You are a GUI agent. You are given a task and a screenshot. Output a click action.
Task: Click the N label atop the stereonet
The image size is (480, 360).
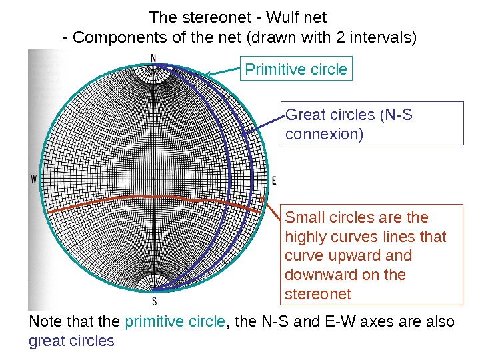coord(154,58)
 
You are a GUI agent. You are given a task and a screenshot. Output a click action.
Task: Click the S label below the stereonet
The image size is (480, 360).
coord(154,300)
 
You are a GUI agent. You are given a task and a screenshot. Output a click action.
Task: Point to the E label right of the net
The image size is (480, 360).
coord(274,181)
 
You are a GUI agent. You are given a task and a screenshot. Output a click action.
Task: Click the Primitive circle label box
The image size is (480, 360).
coord(296,69)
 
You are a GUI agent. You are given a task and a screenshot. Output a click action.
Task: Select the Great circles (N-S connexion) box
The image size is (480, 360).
coord(373,123)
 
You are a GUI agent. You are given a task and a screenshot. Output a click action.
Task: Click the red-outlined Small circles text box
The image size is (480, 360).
coord(373,254)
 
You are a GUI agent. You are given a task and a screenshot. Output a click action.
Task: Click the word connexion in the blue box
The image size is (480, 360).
coord(324,135)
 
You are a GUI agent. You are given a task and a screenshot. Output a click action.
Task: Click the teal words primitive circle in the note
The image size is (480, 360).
coord(175,322)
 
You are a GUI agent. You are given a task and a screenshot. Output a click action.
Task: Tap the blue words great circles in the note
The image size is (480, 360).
coord(71,341)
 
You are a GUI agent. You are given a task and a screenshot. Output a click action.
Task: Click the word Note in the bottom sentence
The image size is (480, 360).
coord(45,322)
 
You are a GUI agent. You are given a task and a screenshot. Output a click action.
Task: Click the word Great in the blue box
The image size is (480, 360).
coord(303,115)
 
